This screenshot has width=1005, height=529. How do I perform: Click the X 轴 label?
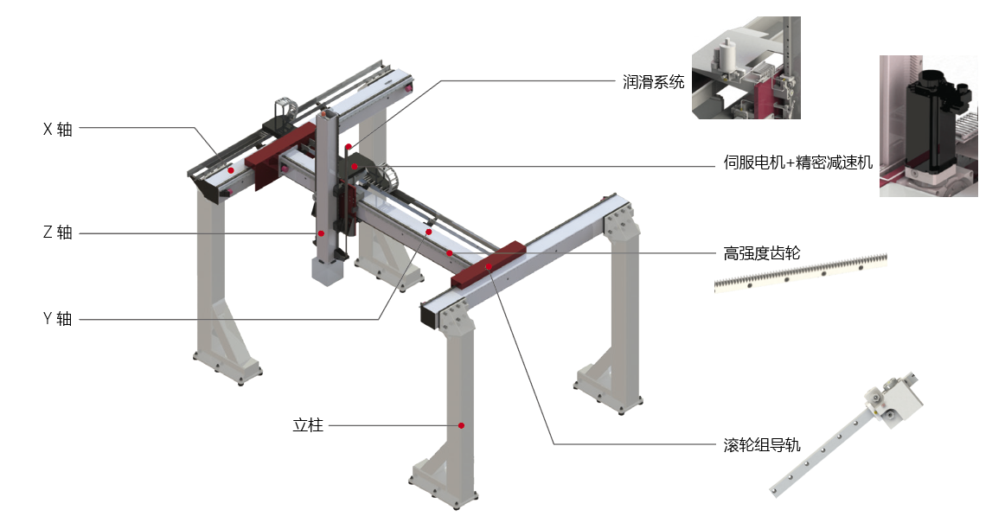point(58,130)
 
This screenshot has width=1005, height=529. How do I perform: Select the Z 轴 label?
point(58,233)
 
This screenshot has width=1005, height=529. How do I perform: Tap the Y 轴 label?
point(58,319)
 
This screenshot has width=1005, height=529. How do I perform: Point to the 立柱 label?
point(308,425)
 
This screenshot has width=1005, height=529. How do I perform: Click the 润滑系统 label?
point(653,82)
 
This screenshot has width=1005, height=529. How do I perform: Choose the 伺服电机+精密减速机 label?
point(798,163)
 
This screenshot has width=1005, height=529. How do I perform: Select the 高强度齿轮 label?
point(762,253)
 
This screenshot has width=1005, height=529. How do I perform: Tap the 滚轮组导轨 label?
point(762,445)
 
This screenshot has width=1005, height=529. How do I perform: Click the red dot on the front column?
point(462,425)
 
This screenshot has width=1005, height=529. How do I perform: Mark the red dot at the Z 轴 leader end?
point(321,233)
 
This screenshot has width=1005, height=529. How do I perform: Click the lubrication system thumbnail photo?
point(746,68)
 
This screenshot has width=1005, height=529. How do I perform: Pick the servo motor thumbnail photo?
point(928,126)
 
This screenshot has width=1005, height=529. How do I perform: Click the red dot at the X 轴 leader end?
point(231,171)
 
